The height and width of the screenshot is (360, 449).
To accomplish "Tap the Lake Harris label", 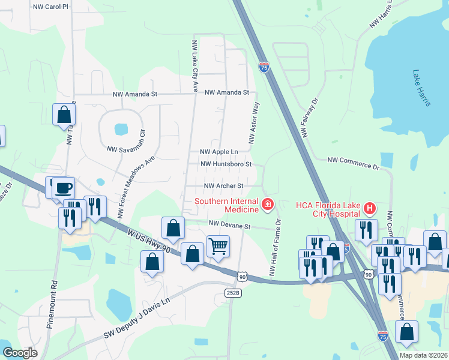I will click(421, 88).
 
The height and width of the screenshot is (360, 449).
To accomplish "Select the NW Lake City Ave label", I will click(194, 66).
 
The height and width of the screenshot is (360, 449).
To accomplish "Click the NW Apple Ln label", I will click(218, 152).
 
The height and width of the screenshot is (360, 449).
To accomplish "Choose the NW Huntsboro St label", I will click(225, 164).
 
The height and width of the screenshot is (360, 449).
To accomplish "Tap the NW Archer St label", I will click(223, 187).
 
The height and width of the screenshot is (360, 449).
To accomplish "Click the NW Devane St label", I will click(229, 226).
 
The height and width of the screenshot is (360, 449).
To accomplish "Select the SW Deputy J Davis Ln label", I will click(137, 319).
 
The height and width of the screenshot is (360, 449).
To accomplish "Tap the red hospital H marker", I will click(370, 209).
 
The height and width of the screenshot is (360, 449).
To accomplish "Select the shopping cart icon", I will click(218, 245).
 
